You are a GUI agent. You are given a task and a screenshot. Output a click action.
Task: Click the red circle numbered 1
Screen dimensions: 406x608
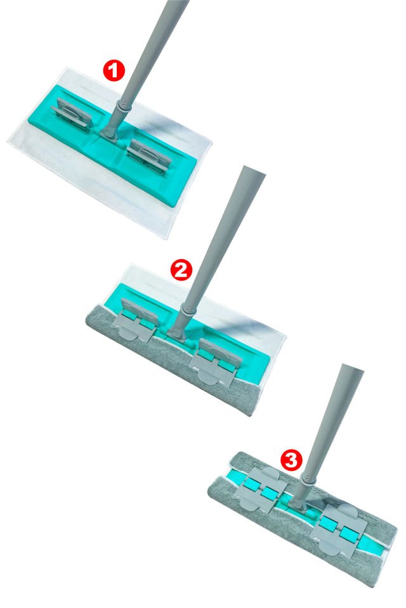[114, 70]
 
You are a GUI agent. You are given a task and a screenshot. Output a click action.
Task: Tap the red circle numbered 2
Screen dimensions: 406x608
[181, 270]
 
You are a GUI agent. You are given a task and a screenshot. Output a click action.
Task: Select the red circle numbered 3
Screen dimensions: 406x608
[291, 460]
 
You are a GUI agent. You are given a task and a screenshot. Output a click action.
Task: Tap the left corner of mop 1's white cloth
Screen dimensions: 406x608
[8, 142]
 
